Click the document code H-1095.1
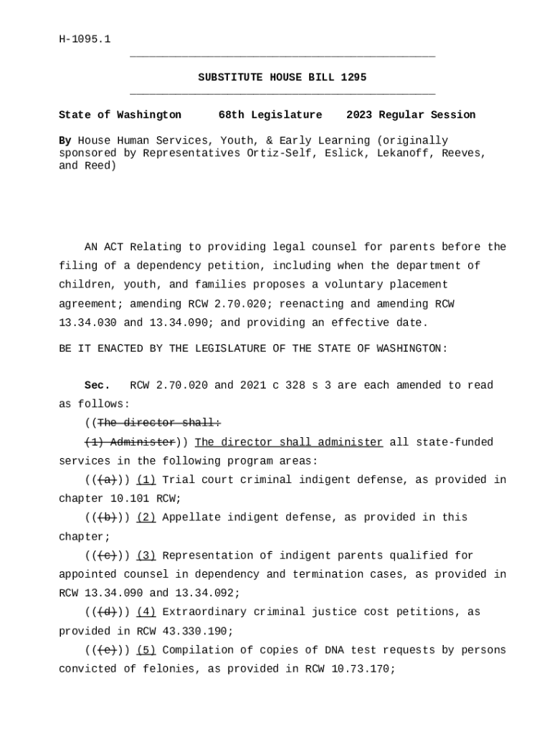[85, 39]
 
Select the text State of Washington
[120, 115]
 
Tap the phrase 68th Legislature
[270, 115]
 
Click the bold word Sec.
[97, 386]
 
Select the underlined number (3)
[146, 556]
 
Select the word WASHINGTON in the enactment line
[411, 348]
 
